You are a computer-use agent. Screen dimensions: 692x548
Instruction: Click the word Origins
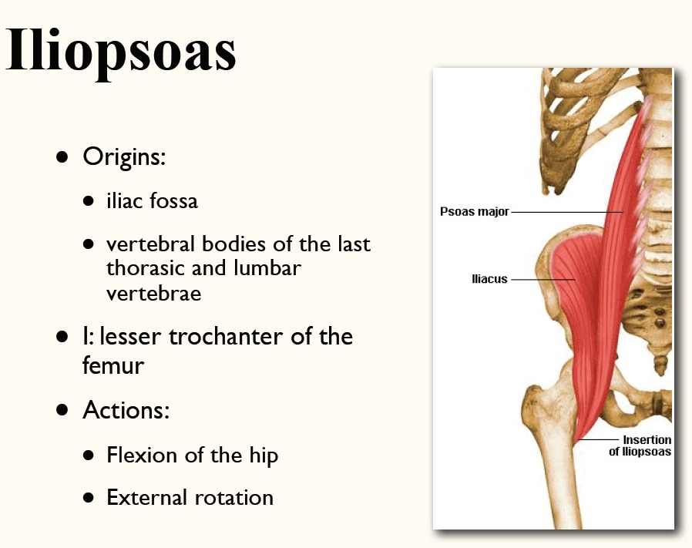(x=123, y=157)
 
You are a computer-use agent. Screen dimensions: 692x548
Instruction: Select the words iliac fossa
(x=153, y=200)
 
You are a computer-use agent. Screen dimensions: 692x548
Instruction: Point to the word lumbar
(x=267, y=267)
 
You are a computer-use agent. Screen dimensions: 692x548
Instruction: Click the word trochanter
(x=226, y=337)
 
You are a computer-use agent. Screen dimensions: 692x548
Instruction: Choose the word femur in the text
(x=113, y=365)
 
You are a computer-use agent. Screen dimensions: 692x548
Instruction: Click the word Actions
(x=126, y=410)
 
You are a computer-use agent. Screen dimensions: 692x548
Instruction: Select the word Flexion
(x=143, y=455)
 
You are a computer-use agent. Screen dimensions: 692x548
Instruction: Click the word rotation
(x=234, y=498)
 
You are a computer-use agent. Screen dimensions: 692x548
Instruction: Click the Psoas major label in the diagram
(x=475, y=212)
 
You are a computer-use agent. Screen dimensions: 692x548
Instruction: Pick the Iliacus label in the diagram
(x=489, y=279)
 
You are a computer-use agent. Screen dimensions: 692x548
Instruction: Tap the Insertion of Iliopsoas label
(x=640, y=445)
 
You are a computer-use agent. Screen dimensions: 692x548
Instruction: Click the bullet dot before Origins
(x=62, y=156)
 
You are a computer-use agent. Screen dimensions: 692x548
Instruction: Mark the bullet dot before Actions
(x=62, y=410)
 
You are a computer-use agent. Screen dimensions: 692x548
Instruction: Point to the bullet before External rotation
(x=89, y=498)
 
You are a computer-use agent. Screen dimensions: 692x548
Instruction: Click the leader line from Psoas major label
(x=567, y=213)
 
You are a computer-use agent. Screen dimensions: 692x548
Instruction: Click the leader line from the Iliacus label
(x=543, y=280)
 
